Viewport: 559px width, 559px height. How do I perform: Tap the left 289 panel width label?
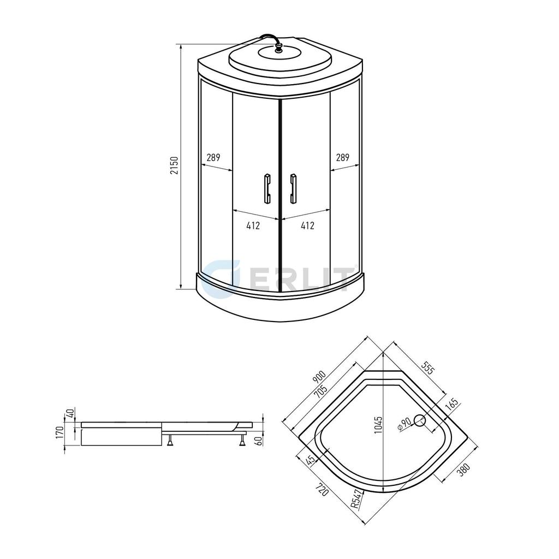(x=213, y=157)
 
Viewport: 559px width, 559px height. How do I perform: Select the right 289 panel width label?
(x=343, y=157)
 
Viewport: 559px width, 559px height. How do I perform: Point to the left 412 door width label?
(x=253, y=225)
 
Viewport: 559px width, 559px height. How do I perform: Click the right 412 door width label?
(x=307, y=225)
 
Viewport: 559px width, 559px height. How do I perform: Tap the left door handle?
(x=267, y=188)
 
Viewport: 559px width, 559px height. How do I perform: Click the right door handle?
(x=293, y=188)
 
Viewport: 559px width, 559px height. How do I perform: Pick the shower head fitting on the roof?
(x=278, y=47)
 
